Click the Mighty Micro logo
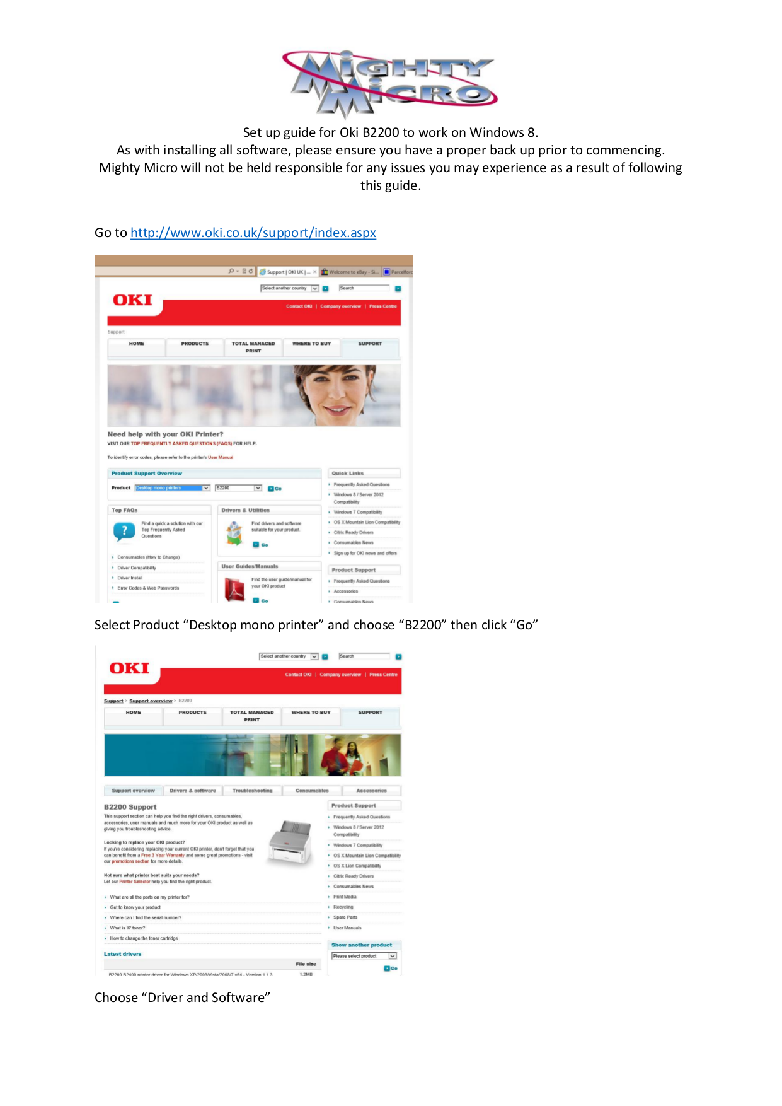[x=390, y=84]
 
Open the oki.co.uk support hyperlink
[x=253, y=233]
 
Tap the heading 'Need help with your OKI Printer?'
[x=165, y=434]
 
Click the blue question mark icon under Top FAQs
[x=124, y=531]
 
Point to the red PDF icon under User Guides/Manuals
[x=234, y=590]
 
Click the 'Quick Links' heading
[x=348, y=473]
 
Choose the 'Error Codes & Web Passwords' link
[x=148, y=588]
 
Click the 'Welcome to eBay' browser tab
[x=350, y=272]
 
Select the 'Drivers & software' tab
[x=192, y=791]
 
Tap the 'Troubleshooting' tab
[x=252, y=791]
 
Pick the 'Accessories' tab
[x=371, y=791]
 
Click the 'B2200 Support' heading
[x=130, y=807]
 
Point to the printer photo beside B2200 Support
[x=290, y=842]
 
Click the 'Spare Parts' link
[x=345, y=917]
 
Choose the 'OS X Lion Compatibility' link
[x=357, y=866]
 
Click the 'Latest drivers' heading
[x=122, y=954]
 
